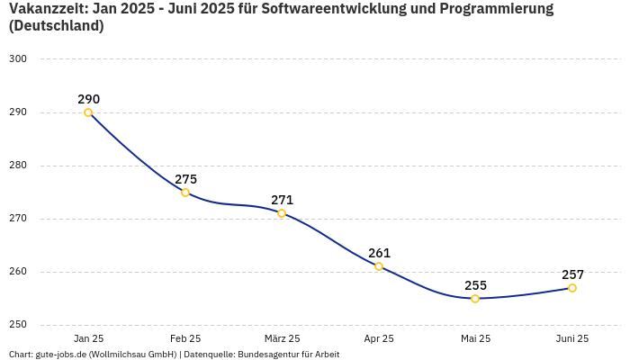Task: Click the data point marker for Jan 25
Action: (x=88, y=112)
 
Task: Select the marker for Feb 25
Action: (x=185, y=193)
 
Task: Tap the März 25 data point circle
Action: (x=282, y=213)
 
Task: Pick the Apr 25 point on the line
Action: (x=379, y=266)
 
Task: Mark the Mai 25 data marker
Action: (x=475, y=299)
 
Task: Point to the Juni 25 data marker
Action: (x=572, y=288)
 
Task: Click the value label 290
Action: (x=88, y=99)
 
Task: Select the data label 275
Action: (x=185, y=179)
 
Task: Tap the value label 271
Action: (x=282, y=200)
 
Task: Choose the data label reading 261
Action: (x=379, y=253)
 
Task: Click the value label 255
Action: (x=475, y=285)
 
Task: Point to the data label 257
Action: (x=572, y=274)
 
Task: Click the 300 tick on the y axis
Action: (x=18, y=59)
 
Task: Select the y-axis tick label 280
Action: (x=18, y=166)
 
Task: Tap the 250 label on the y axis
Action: (x=18, y=325)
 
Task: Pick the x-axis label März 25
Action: (x=282, y=338)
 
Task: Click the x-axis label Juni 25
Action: (x=572, y=338)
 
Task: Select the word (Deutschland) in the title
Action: (x=56, y=26)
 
